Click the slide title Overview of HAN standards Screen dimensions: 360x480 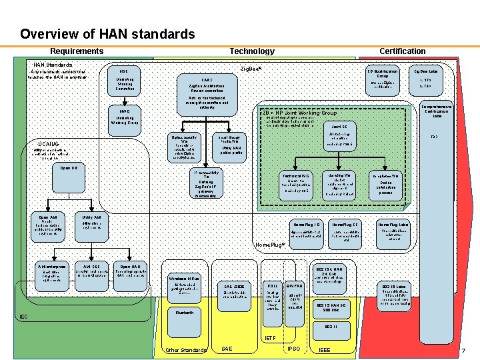[107, 34]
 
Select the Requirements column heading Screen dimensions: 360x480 [77, 51]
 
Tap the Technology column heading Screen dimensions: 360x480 [251, 51]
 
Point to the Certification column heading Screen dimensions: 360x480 [402, 51]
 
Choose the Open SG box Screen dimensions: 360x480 [69, 168]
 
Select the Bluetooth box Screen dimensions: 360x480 [185, 312]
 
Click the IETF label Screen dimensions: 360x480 [270, 339]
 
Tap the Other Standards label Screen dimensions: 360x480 [185, 350]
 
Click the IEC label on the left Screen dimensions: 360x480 [23, 317]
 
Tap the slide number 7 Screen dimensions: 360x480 [463, 350]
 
